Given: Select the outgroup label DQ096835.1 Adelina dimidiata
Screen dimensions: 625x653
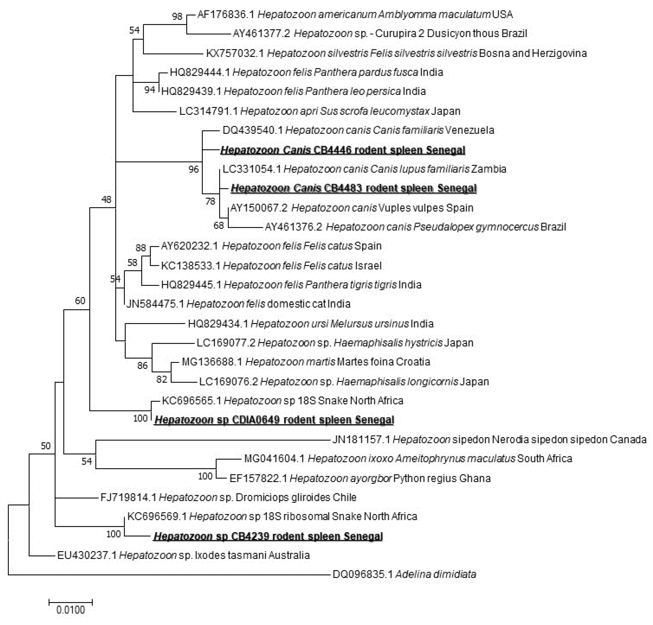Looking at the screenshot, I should [404, 574].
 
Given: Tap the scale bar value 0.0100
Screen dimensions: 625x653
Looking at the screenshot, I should [71, 610].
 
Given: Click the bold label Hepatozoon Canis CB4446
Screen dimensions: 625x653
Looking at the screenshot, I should [342, 150].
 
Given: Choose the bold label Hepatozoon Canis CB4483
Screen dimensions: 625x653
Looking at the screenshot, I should [354, 188].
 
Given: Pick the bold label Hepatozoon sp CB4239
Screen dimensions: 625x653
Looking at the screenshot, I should [268, 536].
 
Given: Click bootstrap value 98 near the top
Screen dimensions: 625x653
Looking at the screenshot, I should [177, 16].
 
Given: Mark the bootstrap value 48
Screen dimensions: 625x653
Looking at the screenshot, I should [106, 199].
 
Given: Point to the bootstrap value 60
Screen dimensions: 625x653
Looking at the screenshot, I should [80, 301].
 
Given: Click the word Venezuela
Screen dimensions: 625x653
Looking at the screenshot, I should [470, 130].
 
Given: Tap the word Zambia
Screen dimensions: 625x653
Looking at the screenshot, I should [488, 169].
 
